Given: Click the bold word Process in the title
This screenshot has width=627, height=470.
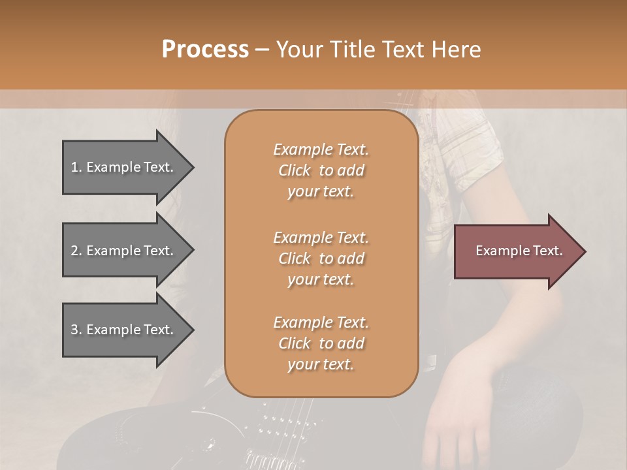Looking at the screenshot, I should (205, 49).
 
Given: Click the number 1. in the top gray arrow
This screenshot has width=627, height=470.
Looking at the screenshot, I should (76, 167).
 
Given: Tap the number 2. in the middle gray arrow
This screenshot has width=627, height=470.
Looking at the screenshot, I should (76, 251).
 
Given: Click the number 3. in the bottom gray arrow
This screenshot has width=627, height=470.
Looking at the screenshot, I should (76, 330).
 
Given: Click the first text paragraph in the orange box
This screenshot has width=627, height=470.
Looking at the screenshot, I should (321, 170).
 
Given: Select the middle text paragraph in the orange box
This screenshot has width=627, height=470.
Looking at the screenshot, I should (321, 258).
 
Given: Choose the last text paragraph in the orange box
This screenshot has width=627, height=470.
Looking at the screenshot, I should (321, 343).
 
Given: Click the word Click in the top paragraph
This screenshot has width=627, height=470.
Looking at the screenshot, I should (295, 170).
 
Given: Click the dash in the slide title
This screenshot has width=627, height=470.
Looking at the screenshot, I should (262, 50).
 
